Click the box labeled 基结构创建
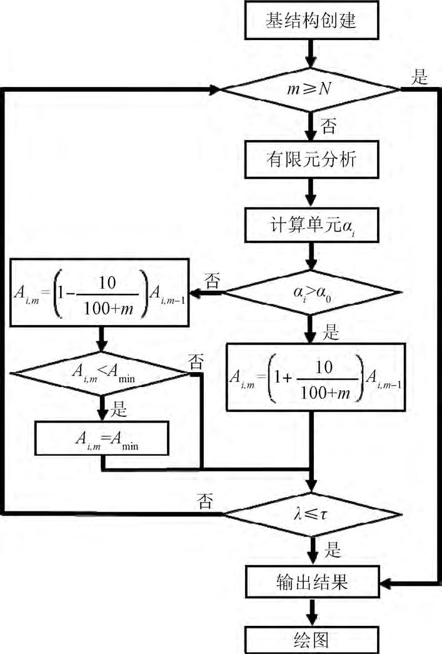point(311,22)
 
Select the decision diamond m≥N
point(311,90)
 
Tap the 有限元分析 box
point(311,160)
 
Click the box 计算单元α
point(311,225)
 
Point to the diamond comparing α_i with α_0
point(311,291)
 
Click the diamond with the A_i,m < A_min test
point(100,374)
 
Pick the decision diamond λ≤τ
point(311,514)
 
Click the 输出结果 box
point(311,583)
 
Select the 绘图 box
point(311,640)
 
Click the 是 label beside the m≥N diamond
point(419,78)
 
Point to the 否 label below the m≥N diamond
point(328,128)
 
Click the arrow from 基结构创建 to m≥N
point(311,55)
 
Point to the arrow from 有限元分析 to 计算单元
point(311,193)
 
